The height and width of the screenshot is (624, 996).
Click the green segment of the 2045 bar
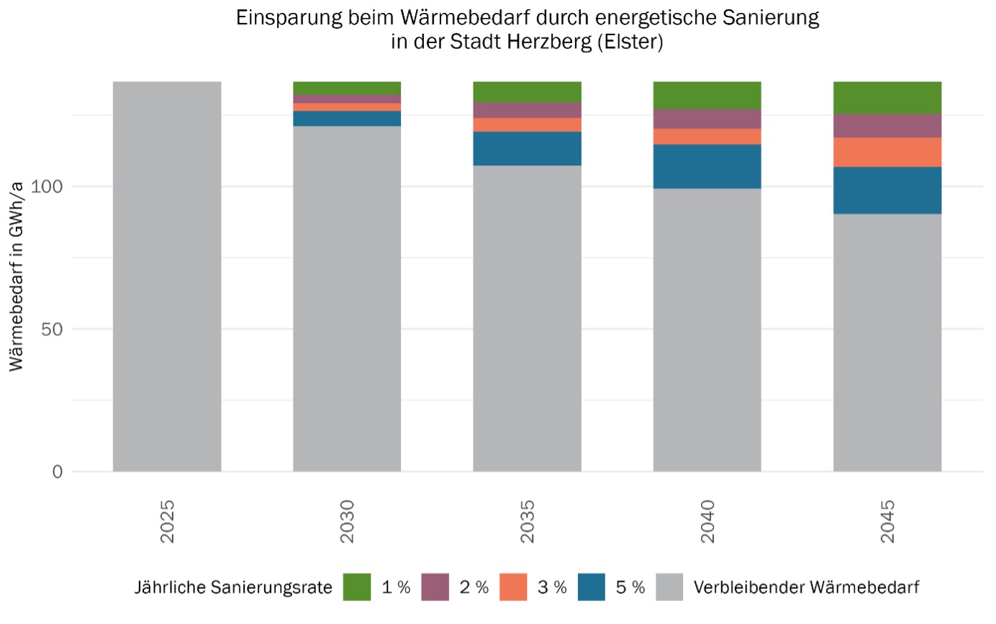[x=887, y=98]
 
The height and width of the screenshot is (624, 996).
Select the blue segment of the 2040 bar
[x=707, y=166]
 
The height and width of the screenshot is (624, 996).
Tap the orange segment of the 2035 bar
[x=527, y=125]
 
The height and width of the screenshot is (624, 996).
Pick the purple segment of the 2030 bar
[x=347, y=99]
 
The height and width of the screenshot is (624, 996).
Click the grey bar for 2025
[x=167, y=277]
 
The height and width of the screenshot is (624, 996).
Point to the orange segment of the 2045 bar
[x=887, y=152]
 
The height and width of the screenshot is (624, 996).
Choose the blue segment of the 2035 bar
[x=527, y=148]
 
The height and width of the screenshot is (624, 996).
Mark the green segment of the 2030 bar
[x=347, y=88]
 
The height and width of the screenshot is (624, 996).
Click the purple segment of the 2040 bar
[x=707, y=119]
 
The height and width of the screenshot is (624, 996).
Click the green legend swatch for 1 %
[x=357, y=587]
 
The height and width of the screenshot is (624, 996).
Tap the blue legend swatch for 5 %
[x=592, y=587]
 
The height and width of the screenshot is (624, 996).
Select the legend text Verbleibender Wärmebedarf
[x=806, y=587]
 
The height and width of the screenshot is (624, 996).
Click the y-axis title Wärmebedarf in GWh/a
[x=17, y=277]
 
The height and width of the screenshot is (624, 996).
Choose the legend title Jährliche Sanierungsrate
[x=233, y=587]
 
